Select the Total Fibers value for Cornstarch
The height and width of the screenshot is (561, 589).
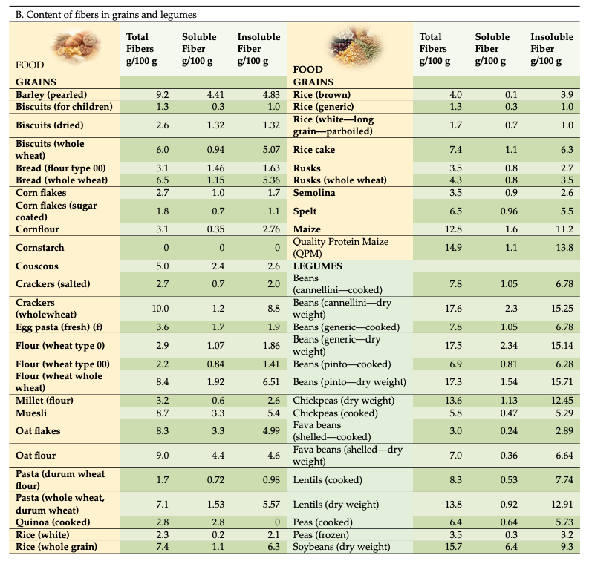pyautogui.click(x=166, y=248)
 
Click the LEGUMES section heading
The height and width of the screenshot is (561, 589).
pyautogui.click(x=319, y=266)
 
